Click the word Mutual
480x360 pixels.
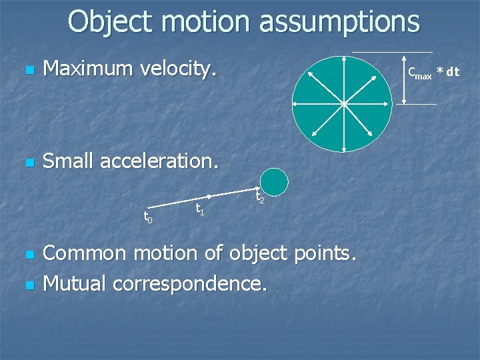(x=75, y=283)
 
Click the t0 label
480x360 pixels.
(x=148, y=218)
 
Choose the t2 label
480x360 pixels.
(x=261, y=198)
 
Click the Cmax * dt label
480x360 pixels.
(x=433, y=73)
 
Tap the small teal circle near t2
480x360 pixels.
(x=274, y=181)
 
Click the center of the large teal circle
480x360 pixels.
(x=343, y=104)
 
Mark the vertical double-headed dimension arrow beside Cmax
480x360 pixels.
(x=403, y=78)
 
